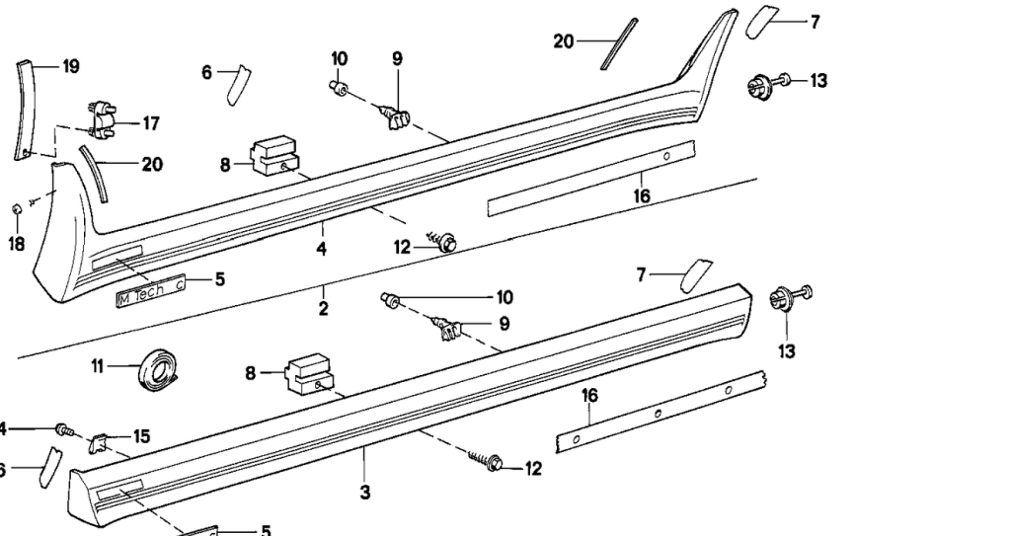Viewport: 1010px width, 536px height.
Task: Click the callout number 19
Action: point(70,67)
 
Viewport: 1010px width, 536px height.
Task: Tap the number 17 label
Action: point(150,123)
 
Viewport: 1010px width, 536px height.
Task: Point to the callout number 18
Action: point(17,243)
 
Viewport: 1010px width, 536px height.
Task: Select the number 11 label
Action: point(97,366)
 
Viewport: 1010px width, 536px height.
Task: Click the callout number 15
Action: point(142,436)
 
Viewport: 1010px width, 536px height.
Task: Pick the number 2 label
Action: point(323,309)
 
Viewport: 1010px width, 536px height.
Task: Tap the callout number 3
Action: point(364,492)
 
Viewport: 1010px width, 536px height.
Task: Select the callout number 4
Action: point(321,250)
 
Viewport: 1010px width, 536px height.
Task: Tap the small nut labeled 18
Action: point(17,209)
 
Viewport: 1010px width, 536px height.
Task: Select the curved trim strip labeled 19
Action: point(22,109)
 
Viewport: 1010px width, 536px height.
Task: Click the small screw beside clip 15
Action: point(65,430)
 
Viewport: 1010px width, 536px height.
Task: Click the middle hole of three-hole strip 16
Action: point(658,411)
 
